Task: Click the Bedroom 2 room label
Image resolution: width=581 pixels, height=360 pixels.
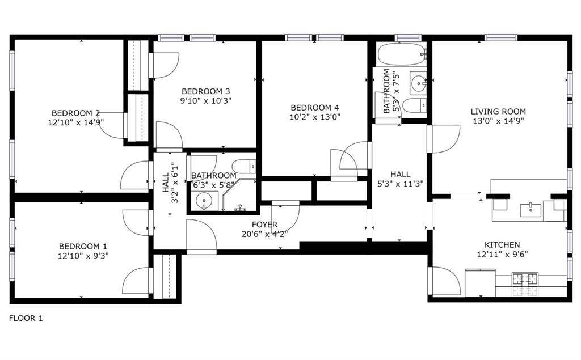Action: coord(75,112)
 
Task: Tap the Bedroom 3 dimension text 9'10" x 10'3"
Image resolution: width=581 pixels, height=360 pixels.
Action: coord(206,100)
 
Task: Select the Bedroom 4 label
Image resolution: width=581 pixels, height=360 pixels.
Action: coord(314,108)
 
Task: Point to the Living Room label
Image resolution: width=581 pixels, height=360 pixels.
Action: coord(498,112)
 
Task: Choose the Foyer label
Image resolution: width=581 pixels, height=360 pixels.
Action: coord(264,225)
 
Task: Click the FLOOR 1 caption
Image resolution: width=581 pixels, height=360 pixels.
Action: coord(26,318)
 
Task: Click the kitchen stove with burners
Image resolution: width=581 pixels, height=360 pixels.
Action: coord(525,279)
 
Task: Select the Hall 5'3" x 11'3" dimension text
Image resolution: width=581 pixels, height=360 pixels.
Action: coord(400,183)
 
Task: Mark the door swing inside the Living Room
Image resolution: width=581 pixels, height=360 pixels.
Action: coord(444,138)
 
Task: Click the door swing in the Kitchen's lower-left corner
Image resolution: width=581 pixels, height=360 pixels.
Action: coord(444,281)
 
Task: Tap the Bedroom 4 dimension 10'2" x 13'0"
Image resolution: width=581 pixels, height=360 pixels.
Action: coord(314,117)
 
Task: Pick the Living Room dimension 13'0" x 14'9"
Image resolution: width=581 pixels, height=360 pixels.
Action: coord(498,121)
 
